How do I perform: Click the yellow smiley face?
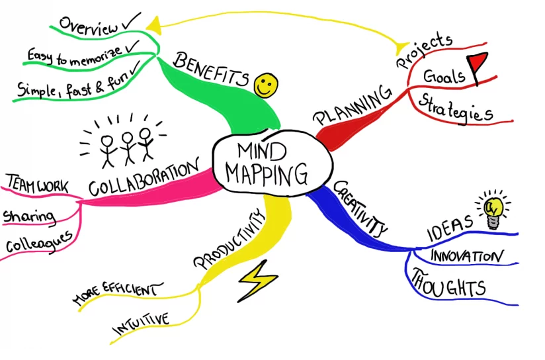tap(266, 84)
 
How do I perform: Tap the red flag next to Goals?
tap(477, 66)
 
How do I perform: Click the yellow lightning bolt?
tap(257, 279)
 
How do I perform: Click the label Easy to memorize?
tap(75, 54)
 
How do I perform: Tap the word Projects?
tap(423, 51)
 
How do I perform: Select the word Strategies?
tap(456, 109)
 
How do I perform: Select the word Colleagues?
tap(38, 242)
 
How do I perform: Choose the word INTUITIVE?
tap(140, 324)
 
